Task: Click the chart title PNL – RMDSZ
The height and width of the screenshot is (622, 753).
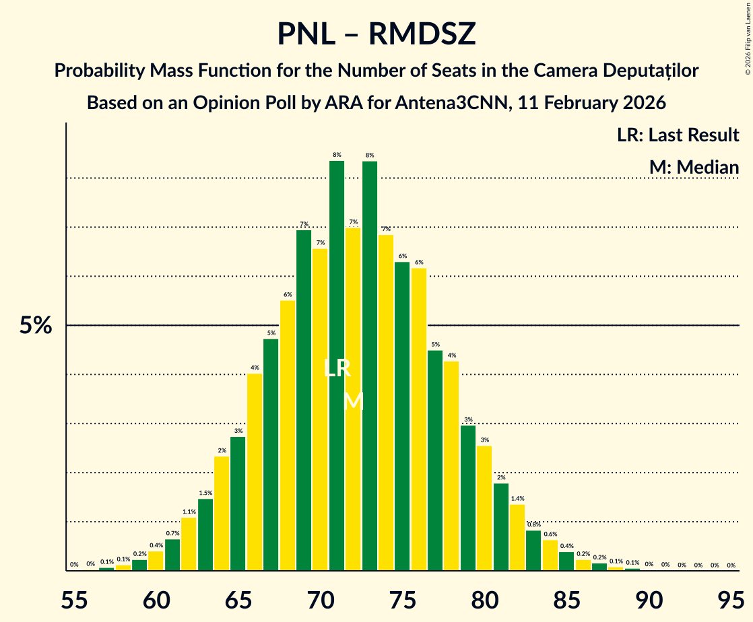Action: [376, 34]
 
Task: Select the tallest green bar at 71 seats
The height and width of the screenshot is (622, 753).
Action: [337, 364]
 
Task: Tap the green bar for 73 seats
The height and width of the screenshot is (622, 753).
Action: [370, 364]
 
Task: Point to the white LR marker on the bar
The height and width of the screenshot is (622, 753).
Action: [337, 368]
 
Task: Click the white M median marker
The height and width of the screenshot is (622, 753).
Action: [354, 402]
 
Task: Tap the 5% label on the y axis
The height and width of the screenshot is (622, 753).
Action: [35, 326]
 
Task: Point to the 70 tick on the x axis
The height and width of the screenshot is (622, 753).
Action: [321, 596]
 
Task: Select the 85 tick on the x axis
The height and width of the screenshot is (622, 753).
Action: [566, 596]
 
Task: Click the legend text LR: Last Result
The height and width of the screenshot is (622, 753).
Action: [678, 135]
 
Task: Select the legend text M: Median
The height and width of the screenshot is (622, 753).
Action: [694, 167]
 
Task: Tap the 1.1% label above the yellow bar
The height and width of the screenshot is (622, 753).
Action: [189, 512]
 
